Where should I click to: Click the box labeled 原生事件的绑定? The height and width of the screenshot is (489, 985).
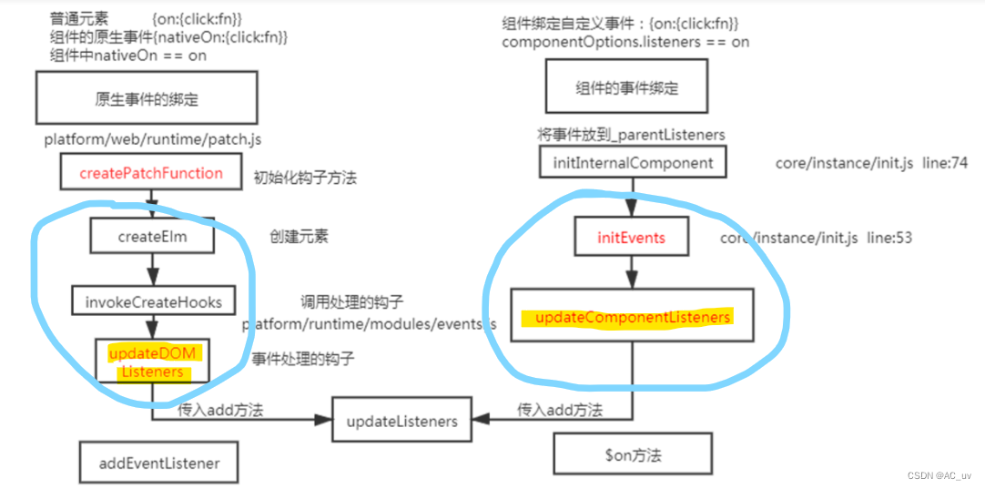[147, 98]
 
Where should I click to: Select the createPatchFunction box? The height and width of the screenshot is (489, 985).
[151, 172]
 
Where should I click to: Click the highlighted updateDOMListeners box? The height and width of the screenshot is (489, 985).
[152, 362]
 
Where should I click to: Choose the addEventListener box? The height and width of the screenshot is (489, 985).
[158, 463]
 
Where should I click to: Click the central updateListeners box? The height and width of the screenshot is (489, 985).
[401, 421]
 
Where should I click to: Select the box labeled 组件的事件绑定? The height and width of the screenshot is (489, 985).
[627, 89]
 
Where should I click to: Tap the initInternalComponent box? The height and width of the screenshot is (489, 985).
[633, 163]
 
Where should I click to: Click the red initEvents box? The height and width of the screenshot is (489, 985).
[631, 238]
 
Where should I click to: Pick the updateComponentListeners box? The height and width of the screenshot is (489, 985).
[632, 316]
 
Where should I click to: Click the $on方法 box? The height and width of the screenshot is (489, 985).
[632, 452]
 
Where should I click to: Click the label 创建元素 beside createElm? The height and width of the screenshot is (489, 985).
[299, 237]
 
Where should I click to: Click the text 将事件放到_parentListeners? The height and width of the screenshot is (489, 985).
[631, 135]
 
